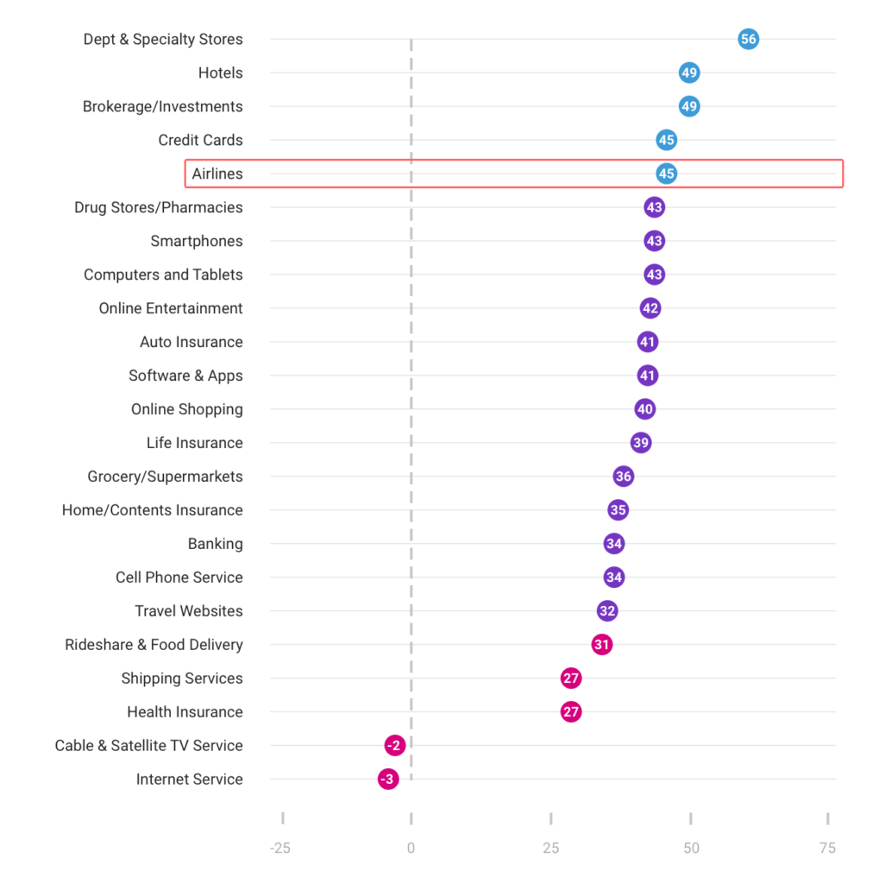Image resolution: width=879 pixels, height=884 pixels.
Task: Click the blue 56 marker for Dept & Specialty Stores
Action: [x=748, y=39]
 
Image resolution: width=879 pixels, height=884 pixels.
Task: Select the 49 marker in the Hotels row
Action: [x=688, y=73]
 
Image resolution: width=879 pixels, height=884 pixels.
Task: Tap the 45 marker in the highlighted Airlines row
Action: [x=666, y=174]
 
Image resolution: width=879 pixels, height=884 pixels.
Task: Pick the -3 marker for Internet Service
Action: [x=388, y=780]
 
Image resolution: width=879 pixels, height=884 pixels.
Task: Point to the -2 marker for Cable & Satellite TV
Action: [x=394, y=746]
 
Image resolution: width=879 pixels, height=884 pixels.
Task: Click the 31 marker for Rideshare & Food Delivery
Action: [x=601, y=645]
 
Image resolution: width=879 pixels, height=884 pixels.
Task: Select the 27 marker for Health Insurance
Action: [x=570, y=712]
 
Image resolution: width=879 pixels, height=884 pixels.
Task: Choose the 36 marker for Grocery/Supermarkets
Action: [x=623, y=477]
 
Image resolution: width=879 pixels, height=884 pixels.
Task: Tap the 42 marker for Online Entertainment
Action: [x=650, y=308]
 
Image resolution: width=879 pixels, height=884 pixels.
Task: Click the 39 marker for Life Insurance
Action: [x=640, y=443]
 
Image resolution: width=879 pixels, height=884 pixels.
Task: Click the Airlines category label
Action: [x=217, y=174]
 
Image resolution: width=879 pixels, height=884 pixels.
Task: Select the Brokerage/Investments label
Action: [x=163, y=106]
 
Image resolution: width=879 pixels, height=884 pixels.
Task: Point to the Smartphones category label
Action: [x=197, y=241]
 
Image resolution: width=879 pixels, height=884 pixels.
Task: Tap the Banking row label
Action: [x=216, y=544]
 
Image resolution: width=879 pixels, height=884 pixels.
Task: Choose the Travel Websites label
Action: [x=189, y=611]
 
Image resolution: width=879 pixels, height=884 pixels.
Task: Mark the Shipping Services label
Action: [x=182, y=679]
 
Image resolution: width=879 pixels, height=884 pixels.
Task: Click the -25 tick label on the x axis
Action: [x=280, y=848]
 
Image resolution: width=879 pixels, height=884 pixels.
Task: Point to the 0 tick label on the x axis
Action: [x=411, y=848]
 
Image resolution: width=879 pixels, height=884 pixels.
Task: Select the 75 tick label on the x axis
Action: [x=827, y=848]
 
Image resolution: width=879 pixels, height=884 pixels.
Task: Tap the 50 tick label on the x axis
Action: [x=691, y=848]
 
